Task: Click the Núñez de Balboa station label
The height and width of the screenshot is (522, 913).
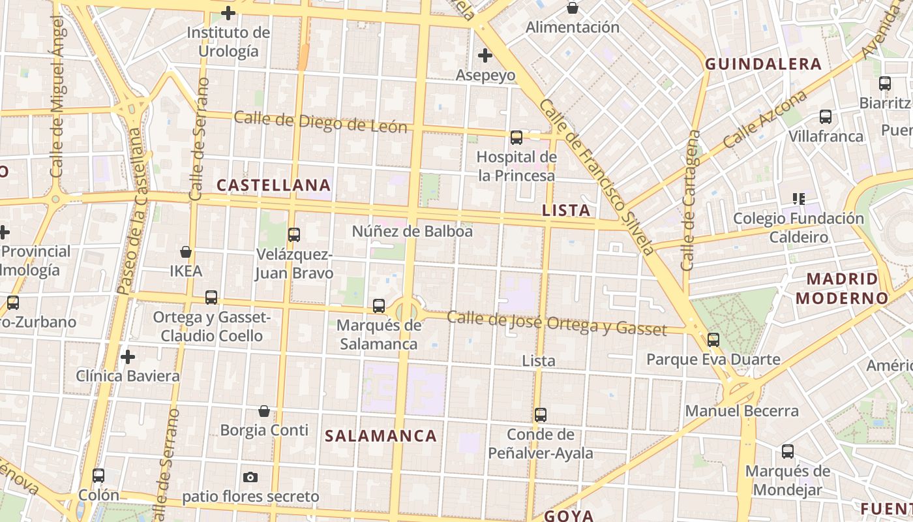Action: pyautogui.click(x=412, y=231)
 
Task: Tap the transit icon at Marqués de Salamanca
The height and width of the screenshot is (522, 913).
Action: pyautogui.click(x=379, y=305)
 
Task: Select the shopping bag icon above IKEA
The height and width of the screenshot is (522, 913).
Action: pyautogui.click(x=186, y=251)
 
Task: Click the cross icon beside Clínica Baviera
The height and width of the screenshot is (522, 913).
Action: pyautogui.click(x=128, y=357)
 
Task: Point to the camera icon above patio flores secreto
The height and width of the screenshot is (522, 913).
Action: pyautogui.click(x=250, y=477)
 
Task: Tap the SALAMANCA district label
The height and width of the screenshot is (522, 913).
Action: pyautogui.click(x=381, y=436)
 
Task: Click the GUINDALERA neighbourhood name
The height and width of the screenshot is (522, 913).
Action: pyautogui.click(x=763, y=64)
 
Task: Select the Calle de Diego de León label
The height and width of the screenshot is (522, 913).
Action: pyautogui.click(x=320, y=122)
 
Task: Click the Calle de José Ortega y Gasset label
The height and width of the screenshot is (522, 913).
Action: pyautogui.click(x=558, y=323)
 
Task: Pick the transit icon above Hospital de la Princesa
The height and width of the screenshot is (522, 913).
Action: pyautogui.click(x=516, y=137)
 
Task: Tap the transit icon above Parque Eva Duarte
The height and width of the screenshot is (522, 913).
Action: pyautogui.click(x=713, y=339)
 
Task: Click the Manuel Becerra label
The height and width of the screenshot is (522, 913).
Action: pyautogui.click(x=741, y=411)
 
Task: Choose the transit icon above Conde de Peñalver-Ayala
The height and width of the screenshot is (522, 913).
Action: pyautogui.click(x=541, y=414)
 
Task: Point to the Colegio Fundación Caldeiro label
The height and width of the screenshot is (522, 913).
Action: pyautogui.click(x=798, y=227)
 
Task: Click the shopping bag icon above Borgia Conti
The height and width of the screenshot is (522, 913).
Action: pyautogui.click(x=264, y=410)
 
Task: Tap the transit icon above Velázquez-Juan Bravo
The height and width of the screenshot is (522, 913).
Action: pyautogui.click(x=294, y=234)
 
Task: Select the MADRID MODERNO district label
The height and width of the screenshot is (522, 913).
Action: pyautogui.click(x=841, y=288)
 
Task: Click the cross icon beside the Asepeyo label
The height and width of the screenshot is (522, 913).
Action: pyautogui.click(x=485, y=55)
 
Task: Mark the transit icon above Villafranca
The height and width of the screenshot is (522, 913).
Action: pyautogui.click(x=826, y=117)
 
